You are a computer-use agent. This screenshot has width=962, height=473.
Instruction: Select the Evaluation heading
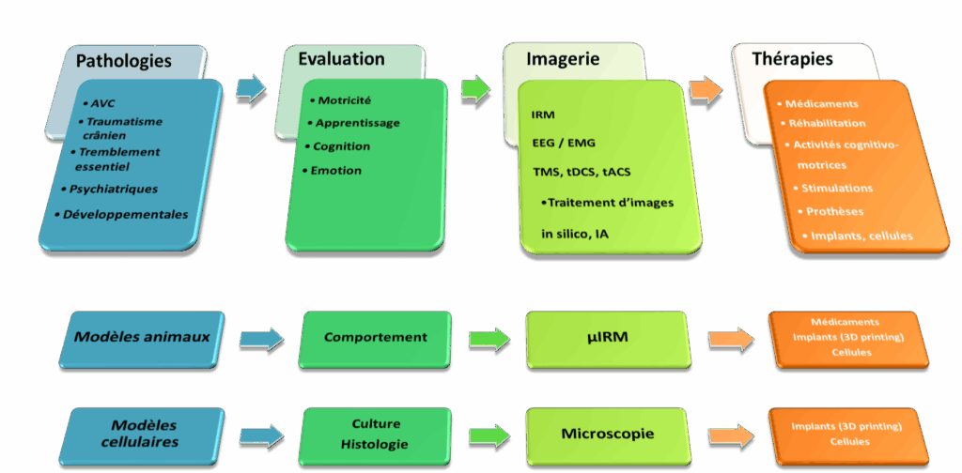pyautogui.click(x=341, y=59)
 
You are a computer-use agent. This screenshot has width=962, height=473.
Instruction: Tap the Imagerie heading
pyautogui.click(x=564, y=59)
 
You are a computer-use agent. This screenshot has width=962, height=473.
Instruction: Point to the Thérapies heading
pyautogui.click(x=792, y=59)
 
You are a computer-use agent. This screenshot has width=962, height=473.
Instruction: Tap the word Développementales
pyautogui.click(x=126, y=214)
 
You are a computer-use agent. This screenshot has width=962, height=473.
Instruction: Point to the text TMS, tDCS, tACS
pyautogui.click(x=577, y=173)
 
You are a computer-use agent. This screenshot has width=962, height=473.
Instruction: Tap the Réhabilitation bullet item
pyautogui.click(x=830, y=123)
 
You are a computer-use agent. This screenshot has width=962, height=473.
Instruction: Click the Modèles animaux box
pyautogui.click(x=142, y=338)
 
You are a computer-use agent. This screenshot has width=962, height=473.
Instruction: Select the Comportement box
pyautogui.click(x=375, y=337)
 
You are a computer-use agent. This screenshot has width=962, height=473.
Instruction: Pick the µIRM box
pyautogui.click(x=607, y=338)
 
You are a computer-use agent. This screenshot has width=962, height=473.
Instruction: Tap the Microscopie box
pyautogui.click(x=607, y=434)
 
